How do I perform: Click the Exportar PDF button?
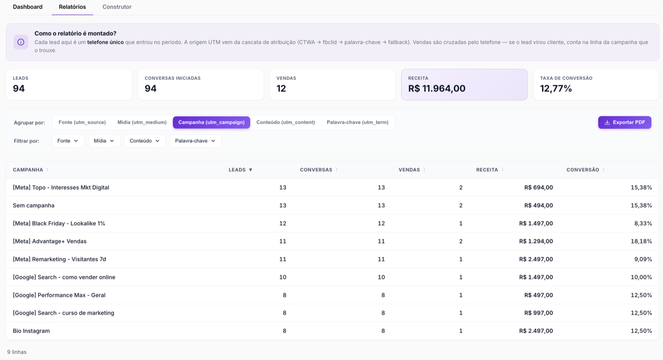625,122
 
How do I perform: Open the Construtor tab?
117,7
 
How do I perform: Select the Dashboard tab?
27,7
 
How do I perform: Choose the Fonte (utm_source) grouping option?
82,122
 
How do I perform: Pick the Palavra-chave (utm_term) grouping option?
358,122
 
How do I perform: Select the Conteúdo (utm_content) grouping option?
286,122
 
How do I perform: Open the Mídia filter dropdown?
104,141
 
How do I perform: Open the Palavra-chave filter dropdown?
195,141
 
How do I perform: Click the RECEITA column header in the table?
487,170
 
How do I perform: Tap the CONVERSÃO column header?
583,170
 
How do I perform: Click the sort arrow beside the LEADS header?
251,170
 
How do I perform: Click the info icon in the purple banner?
21,42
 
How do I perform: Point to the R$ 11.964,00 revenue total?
437,88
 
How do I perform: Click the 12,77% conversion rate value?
556,88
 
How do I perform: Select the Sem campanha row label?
34,205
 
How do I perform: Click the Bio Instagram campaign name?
31,331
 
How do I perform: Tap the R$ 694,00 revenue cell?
538,188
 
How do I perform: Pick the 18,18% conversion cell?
641,241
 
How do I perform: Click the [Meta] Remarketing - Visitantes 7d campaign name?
59,259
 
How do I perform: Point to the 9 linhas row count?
17,352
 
